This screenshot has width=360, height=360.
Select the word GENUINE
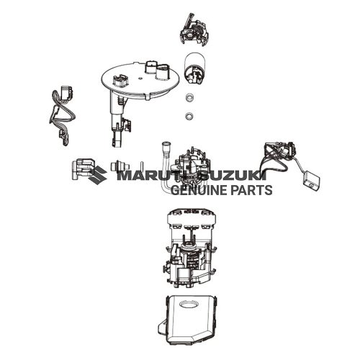(197, 191)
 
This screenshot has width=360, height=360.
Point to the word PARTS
(249, 191)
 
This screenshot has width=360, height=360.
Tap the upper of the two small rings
(189, 98)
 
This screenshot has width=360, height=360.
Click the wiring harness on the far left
(60, 112)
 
